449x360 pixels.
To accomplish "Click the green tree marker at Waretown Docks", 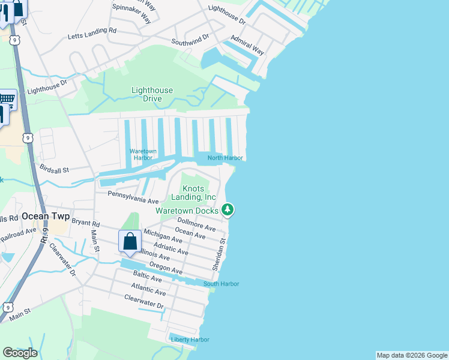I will click(x=228, y=210).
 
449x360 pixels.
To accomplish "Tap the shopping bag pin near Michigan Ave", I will click(x=130, y=242).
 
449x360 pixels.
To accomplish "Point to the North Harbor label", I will click(x=225, y=158).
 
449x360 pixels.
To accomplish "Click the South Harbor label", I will click(x=221, y=284).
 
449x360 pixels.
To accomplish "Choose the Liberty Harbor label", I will click(x=190, y=340).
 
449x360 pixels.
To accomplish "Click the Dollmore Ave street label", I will click(x=196, y=224).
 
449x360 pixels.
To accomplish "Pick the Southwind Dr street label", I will click(x=190, y=40).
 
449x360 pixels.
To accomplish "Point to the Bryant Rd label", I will click(x=85, y=221).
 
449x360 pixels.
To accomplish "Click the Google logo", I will click(x=20, y=353).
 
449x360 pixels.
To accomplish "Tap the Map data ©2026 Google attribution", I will click(x=411, y=355).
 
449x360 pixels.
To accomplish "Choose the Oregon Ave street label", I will click(x=166, y=269).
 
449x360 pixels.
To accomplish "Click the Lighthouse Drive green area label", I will click(x=152, y=94).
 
